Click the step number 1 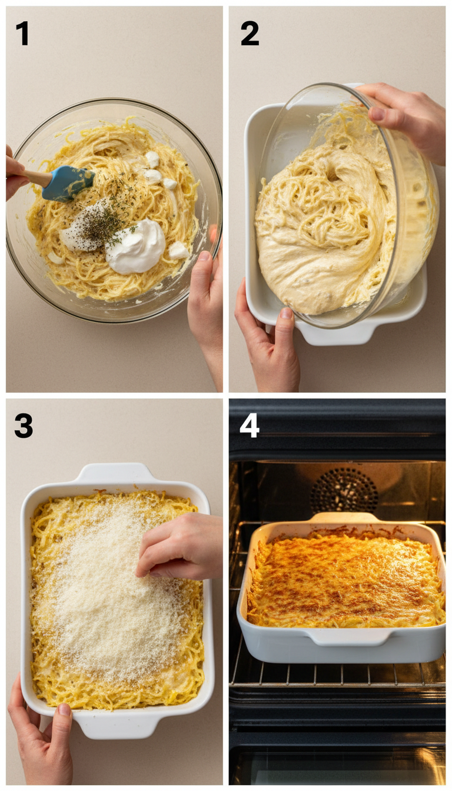coord(22,34)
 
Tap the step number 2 coord(250,34)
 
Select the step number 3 coord(24,426)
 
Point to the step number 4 coord(249,425)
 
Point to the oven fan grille coord(344,490)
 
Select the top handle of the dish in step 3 coord(115,473)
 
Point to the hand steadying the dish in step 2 coord(268,341)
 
